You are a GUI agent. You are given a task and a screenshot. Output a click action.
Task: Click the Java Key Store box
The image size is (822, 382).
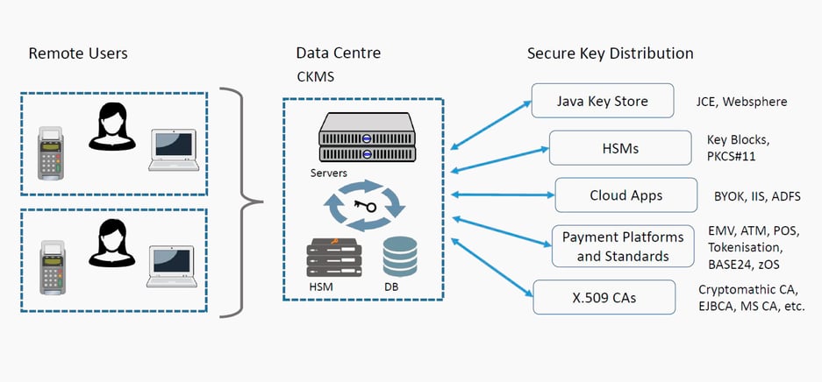(x=602, y=102)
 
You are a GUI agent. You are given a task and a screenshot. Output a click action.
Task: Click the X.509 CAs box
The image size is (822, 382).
(x=604, y=298)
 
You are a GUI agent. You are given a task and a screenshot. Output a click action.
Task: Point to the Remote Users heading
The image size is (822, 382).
(x=78, y=53)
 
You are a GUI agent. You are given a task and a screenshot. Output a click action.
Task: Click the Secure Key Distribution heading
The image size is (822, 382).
(x=610, y=53)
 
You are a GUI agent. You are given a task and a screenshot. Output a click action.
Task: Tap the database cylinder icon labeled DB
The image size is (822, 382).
(x=400, y=256)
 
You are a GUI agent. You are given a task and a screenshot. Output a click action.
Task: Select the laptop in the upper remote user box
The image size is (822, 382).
(x=172, y=150)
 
